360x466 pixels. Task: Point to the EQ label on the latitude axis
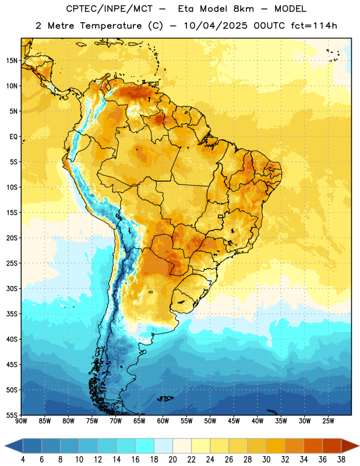pyautogui.click(x=13, y=137)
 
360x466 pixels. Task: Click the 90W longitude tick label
pyautogui.click(x=21, y=421)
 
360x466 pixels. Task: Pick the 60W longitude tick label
pyautogui.click(x=163, y=421)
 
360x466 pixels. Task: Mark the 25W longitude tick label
pyautogui.click(x=328, y=421)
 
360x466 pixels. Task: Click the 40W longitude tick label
pyautogui.click(x=257, y=421)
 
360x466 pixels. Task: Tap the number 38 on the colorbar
pyautogui.click(x=341, y=460)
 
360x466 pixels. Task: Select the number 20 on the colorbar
pyautogui.click(x=172, y=460)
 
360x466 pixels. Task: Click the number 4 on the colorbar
pyautogui.click(x=23, y=460)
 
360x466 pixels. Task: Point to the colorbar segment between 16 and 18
pyautogui.click(x=145, y=446)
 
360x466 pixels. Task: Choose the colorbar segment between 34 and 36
pyautogui.click(x=313, y=446)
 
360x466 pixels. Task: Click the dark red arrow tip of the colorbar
pyautogui.click(x=356, y=446)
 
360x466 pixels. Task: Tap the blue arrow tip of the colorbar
pyautogui.click(x=7, y=446)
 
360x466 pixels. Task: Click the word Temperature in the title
pyautogui.click(x=111, y=26)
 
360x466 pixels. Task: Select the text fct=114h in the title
pyautogui.click(x=314, y=26)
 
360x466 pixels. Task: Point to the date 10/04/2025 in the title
pyautogui.click(x=216, y=26)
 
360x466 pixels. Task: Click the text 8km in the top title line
pyautogui.click(x=243, y=9)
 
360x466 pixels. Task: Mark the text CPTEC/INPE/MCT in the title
pyautogui.click(x=109, y=9)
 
